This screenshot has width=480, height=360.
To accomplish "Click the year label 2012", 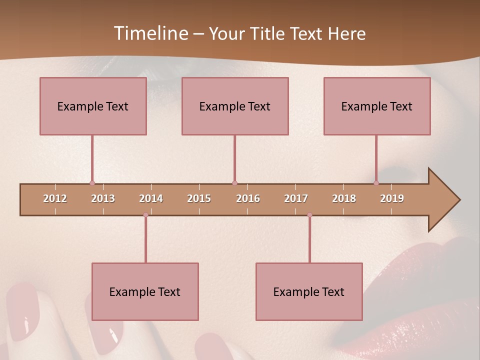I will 55,198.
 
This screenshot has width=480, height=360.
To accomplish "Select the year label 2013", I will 103,198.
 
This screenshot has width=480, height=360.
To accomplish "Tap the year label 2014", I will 151,198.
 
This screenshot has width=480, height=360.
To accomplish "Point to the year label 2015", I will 199,198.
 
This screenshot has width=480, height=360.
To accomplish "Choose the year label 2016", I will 248,198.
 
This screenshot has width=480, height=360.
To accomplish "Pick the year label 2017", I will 296,198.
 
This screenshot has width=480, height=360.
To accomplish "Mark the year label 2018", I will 344,198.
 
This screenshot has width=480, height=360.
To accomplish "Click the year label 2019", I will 392,198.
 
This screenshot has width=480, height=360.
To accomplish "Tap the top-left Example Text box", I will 93,106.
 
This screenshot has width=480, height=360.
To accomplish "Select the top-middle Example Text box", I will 235,106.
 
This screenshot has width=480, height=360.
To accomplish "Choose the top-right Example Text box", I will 377,106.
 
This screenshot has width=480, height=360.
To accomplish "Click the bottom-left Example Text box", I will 145,291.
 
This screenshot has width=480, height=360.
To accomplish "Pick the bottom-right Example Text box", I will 309,291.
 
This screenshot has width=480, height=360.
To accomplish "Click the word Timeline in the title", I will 150,33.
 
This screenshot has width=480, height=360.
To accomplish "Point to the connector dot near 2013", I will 92,183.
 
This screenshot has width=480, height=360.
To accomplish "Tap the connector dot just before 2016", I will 234,183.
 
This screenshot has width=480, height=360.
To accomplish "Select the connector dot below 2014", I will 145,215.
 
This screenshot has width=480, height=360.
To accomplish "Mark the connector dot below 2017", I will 309,215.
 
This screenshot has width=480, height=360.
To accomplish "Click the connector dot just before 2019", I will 376,183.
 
